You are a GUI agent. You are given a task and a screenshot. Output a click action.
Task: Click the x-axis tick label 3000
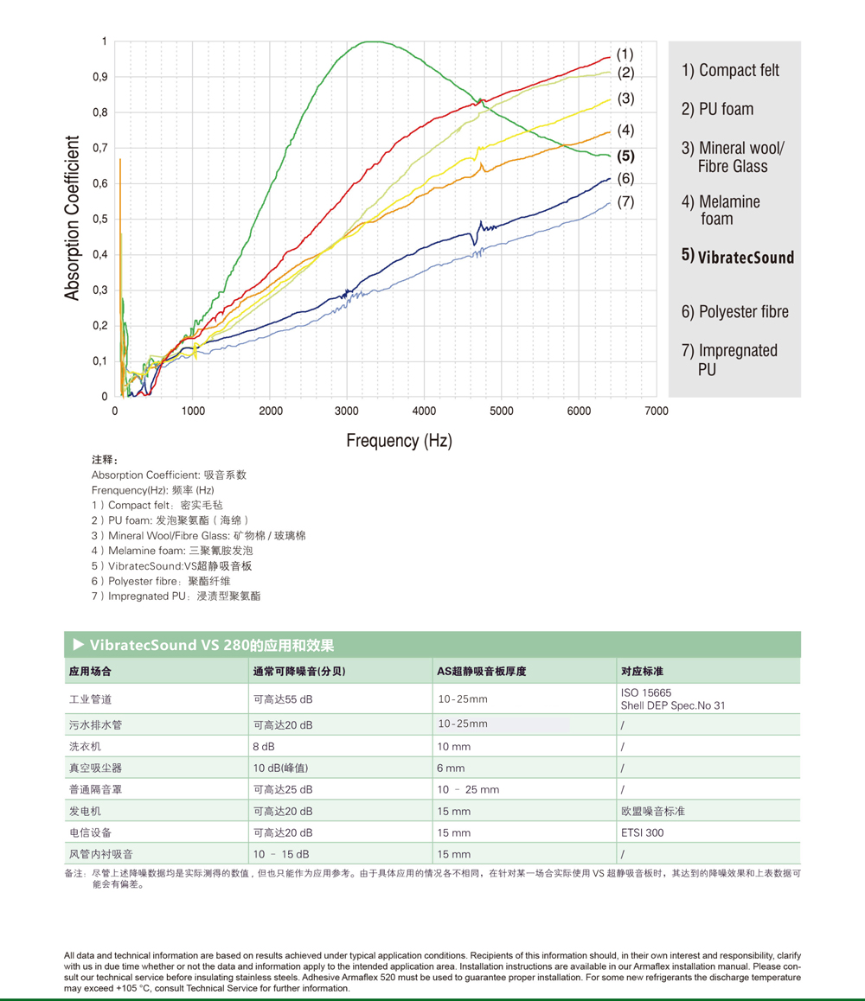348,411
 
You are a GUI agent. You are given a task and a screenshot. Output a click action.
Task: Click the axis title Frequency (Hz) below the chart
399,441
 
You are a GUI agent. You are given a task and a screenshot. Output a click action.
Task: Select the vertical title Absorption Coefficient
73,218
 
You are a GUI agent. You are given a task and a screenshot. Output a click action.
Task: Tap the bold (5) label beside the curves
626,156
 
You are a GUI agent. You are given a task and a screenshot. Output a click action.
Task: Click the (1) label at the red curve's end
625,54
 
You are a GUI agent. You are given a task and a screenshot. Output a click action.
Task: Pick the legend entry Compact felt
731,71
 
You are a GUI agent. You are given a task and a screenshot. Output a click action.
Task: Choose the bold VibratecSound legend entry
738,257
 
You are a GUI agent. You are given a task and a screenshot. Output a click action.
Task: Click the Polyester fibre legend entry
735,312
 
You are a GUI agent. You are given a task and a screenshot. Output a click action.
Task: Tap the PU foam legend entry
718,109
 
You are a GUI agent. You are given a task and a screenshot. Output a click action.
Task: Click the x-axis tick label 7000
657,411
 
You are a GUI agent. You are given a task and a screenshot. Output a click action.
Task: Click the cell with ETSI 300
643,832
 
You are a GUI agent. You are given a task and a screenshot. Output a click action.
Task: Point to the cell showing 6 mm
451,768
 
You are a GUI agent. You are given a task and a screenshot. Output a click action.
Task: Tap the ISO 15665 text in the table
646,692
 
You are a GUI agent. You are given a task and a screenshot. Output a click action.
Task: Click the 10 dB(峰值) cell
280,768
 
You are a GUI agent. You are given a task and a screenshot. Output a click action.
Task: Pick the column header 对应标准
641,671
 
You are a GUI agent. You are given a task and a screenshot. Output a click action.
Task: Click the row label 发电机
85,811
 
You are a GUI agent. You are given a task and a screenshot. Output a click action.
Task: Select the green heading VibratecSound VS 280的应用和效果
212,645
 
